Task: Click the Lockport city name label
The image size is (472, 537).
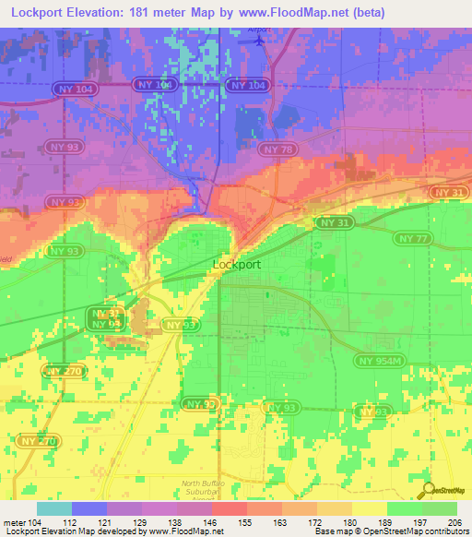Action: tap(237, 264)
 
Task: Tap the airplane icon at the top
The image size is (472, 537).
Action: tap(258, 40)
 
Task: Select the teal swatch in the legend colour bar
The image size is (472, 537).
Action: tap(53, 508)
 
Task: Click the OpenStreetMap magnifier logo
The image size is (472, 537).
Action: tap(428, 490)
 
